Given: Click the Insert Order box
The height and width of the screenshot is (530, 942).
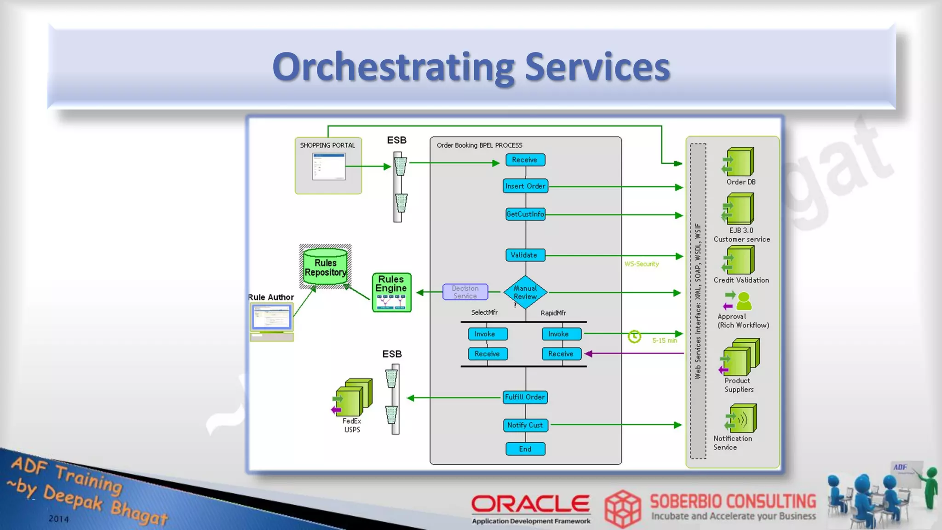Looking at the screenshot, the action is (525, 186).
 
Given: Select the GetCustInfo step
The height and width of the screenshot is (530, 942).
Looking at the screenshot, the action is (525, 214).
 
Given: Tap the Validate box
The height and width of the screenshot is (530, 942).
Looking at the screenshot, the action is (525, 255).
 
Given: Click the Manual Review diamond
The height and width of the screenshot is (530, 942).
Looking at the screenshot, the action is (525, 292).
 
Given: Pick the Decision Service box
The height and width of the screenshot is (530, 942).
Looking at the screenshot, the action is (465, 292).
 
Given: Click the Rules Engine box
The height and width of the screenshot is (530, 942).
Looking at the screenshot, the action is (391, 293).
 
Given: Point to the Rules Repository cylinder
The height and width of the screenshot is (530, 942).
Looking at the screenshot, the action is (325, 267).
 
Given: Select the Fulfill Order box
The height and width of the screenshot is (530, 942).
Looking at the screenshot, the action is (525, 397).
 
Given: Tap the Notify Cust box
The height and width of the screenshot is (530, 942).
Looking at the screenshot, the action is (525, 425).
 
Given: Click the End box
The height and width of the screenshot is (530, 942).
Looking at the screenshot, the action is (525, 449).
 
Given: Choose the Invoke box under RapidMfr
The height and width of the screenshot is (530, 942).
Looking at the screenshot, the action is (561, 334).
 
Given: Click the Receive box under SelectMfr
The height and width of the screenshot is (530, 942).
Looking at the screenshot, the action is (488, 354).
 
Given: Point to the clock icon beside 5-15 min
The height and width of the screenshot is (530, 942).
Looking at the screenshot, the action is (634, 337).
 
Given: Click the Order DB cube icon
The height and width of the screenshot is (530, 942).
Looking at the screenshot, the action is (739, 162).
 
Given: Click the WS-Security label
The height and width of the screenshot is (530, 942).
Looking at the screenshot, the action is (642, 264).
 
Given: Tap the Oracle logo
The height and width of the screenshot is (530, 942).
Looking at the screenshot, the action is (530, 504).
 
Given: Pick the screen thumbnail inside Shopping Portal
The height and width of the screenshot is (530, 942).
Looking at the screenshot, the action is (328, 167).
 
